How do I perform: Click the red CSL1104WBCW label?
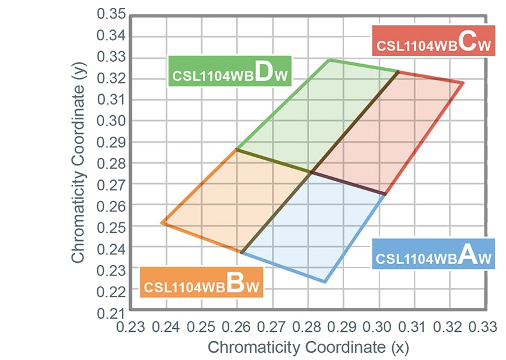pos(433,40)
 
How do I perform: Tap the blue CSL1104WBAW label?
pos(433,253)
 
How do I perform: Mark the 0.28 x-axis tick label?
pos(307,327)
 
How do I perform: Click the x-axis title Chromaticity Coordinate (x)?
pos(308,347)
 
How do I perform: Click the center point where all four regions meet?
pos(311,172)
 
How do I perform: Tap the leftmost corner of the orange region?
pos(161,223)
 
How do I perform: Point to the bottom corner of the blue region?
pos(325,281)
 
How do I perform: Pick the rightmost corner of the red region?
pos(463,83)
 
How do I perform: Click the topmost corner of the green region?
pos(329,59)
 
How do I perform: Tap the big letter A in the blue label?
pos(469,254)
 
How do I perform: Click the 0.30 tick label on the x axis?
pos(378,327)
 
